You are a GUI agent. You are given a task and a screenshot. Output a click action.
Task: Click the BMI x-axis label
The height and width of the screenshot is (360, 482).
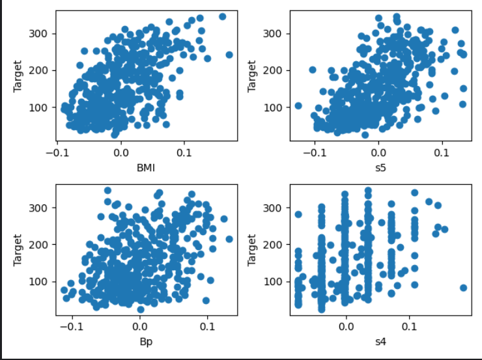pyautogui.click(x=146, y=169)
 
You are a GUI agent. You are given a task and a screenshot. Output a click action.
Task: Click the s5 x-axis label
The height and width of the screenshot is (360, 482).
pyautogui.click(x=380, y=169)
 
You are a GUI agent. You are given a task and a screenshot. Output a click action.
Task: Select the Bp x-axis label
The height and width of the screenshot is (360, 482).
pyautogui.click(x=146, y=341)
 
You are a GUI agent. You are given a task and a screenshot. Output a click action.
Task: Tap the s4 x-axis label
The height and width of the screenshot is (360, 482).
pyautogui.click(x=380, y=341)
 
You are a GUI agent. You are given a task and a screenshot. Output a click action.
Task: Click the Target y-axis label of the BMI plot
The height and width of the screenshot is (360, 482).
pyautogui.click(x=18, y=75)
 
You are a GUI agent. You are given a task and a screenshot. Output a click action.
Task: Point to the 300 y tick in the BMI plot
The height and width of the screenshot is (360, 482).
pyautogui.click(x=40, y=34)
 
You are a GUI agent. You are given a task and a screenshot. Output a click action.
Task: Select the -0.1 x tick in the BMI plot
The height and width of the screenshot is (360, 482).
pyautogui.click(x=57, y=154)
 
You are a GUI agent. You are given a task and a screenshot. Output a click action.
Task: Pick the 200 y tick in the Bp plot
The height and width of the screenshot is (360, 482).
pyautogui.click(x=40, y=244)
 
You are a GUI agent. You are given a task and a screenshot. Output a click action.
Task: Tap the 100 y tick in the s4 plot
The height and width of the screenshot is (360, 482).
pyautogui.click(x=275, y=281)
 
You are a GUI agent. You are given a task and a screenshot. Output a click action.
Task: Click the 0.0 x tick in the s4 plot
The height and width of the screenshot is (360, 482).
pyautogui.click(x=346, y=327)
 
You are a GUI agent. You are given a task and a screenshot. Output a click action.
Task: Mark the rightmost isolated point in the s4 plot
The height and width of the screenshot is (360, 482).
pyautogui.click(x=464, y=287)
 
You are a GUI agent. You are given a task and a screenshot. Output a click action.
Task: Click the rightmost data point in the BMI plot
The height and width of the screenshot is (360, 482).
pyautogui.click(x=229, y=55)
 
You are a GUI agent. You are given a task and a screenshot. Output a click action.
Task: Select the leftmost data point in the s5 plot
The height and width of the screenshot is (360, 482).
pyautogui.click(x=298, y=105)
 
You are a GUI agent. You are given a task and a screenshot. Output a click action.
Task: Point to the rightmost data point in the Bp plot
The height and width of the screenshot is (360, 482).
pyautogui.click(x=229, y=239)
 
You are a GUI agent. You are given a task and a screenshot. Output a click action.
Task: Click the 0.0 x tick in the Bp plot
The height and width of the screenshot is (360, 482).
pyautogui.click(x=140, y=327)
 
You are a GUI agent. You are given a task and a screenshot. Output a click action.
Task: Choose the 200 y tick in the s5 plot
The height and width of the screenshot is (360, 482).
pyautogui.click(x=275, y=70)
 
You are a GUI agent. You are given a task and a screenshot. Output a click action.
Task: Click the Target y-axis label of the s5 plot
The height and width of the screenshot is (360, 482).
pyautogui.click(x=253, y=75)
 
